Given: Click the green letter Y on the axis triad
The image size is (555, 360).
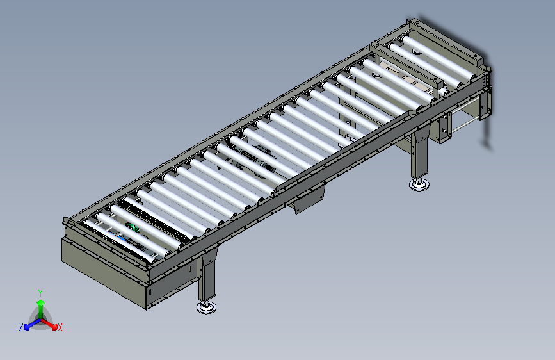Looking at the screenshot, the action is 40,293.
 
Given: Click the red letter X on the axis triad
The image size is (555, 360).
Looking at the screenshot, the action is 60,328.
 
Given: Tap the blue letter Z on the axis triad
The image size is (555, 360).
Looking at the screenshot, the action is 21,327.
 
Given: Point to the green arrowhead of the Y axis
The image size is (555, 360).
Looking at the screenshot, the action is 41,302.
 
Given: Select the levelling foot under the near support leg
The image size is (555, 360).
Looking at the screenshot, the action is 207,307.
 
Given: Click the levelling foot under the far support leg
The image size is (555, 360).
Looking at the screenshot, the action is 419,184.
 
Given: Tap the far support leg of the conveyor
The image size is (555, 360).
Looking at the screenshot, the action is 419,156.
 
